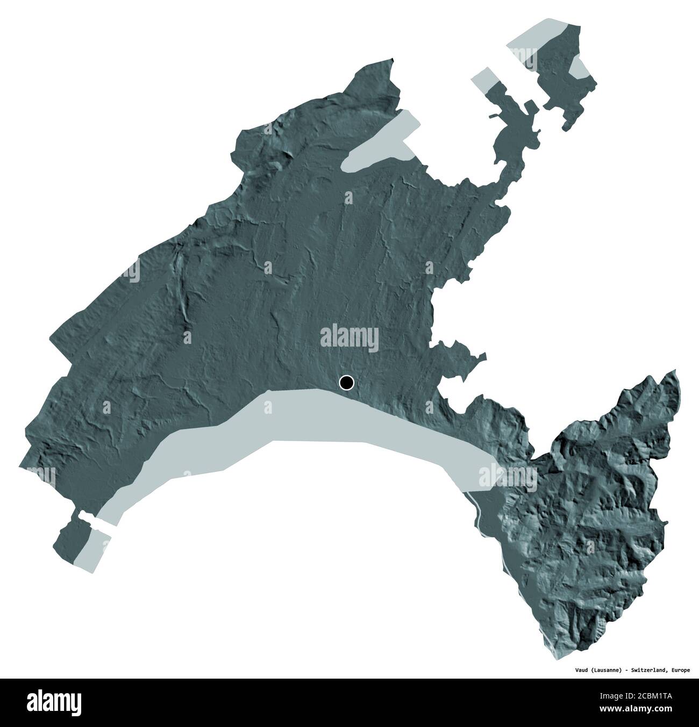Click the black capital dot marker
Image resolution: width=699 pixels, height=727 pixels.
[x=347, y=383]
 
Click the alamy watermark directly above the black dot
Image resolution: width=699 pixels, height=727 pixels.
[x=349, y=337]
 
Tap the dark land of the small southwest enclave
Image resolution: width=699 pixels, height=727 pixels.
[x=67, y=543]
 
